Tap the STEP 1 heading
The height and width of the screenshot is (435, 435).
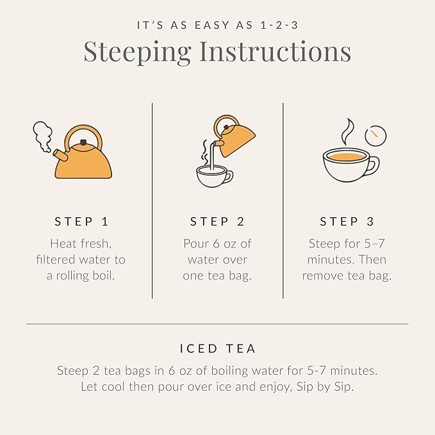coord(81,222)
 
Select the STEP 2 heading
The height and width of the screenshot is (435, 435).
coord(217,222)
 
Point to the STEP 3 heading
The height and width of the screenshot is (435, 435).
coord(347,222)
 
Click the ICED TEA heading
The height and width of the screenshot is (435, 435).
coord(217,349)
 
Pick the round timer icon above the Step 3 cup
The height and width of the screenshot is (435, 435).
coord(375,135)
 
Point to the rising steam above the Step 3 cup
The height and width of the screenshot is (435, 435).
coord(347,131)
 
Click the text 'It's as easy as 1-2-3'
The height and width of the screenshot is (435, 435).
coord(217,26)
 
